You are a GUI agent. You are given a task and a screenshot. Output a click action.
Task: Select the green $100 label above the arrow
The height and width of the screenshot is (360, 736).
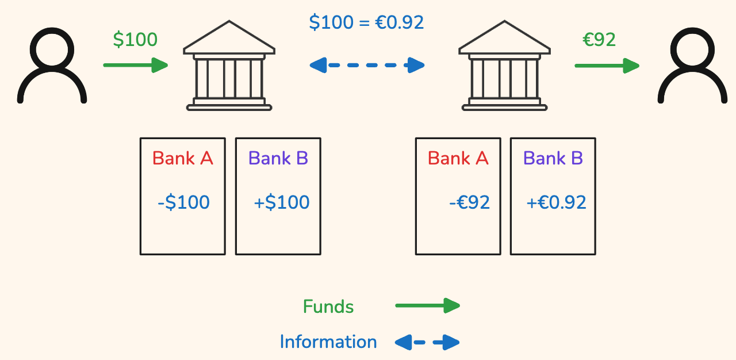pyautogui.click(x=135, y=40)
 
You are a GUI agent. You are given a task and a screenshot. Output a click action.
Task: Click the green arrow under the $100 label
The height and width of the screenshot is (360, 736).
pyautogui.click(x=136, y=65)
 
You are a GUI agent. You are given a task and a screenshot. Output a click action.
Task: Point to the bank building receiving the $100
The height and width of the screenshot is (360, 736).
pyautogui.click(x=229, y=66)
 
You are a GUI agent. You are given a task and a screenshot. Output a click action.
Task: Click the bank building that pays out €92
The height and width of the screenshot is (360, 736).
pyautogui.click(x=504, y=66)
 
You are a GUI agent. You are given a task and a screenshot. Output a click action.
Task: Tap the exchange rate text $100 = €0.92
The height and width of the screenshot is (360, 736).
pyautogui.click(x=366, y=22)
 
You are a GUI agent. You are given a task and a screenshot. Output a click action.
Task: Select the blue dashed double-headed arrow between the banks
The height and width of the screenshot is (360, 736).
pyautogui.click(x=367, y=65)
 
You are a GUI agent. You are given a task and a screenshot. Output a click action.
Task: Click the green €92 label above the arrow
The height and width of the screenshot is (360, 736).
pyautogui.click(x=599, y=40)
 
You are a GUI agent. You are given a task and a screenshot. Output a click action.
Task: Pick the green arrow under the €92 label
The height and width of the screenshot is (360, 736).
pyautogui.click(x=607, y=66)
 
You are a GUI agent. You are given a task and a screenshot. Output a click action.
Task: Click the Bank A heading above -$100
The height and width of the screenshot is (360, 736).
pyautogui.click(x=183, y=158)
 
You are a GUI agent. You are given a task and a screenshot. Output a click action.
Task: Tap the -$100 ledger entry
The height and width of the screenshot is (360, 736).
pyautogui.click(x=183, y=202)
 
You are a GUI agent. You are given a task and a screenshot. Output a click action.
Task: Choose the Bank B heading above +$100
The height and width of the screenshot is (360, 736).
pyautogui.click(x=278, y=158)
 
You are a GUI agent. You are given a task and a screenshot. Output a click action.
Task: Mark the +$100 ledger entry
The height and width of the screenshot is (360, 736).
pyautogui.click(x=281, y=202)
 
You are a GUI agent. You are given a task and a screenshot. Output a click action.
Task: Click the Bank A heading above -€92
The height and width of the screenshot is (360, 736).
pyautogui.click(x=458, y=158)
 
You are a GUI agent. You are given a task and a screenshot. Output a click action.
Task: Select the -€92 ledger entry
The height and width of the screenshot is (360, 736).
pyautogui.click(x=469, y=202)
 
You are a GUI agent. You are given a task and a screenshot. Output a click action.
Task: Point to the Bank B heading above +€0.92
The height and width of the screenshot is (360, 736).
pyautogui.click(x=553, y=158)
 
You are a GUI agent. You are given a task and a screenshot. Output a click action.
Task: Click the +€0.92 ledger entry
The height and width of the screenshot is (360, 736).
pyautogui.click(x=556, y=202)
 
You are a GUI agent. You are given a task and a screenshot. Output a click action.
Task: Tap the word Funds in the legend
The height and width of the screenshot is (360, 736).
pyautogui.click(x=328, y=307)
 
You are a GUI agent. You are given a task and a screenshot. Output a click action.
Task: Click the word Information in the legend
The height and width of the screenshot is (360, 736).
pyautogui.click(x=328, y=342)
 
